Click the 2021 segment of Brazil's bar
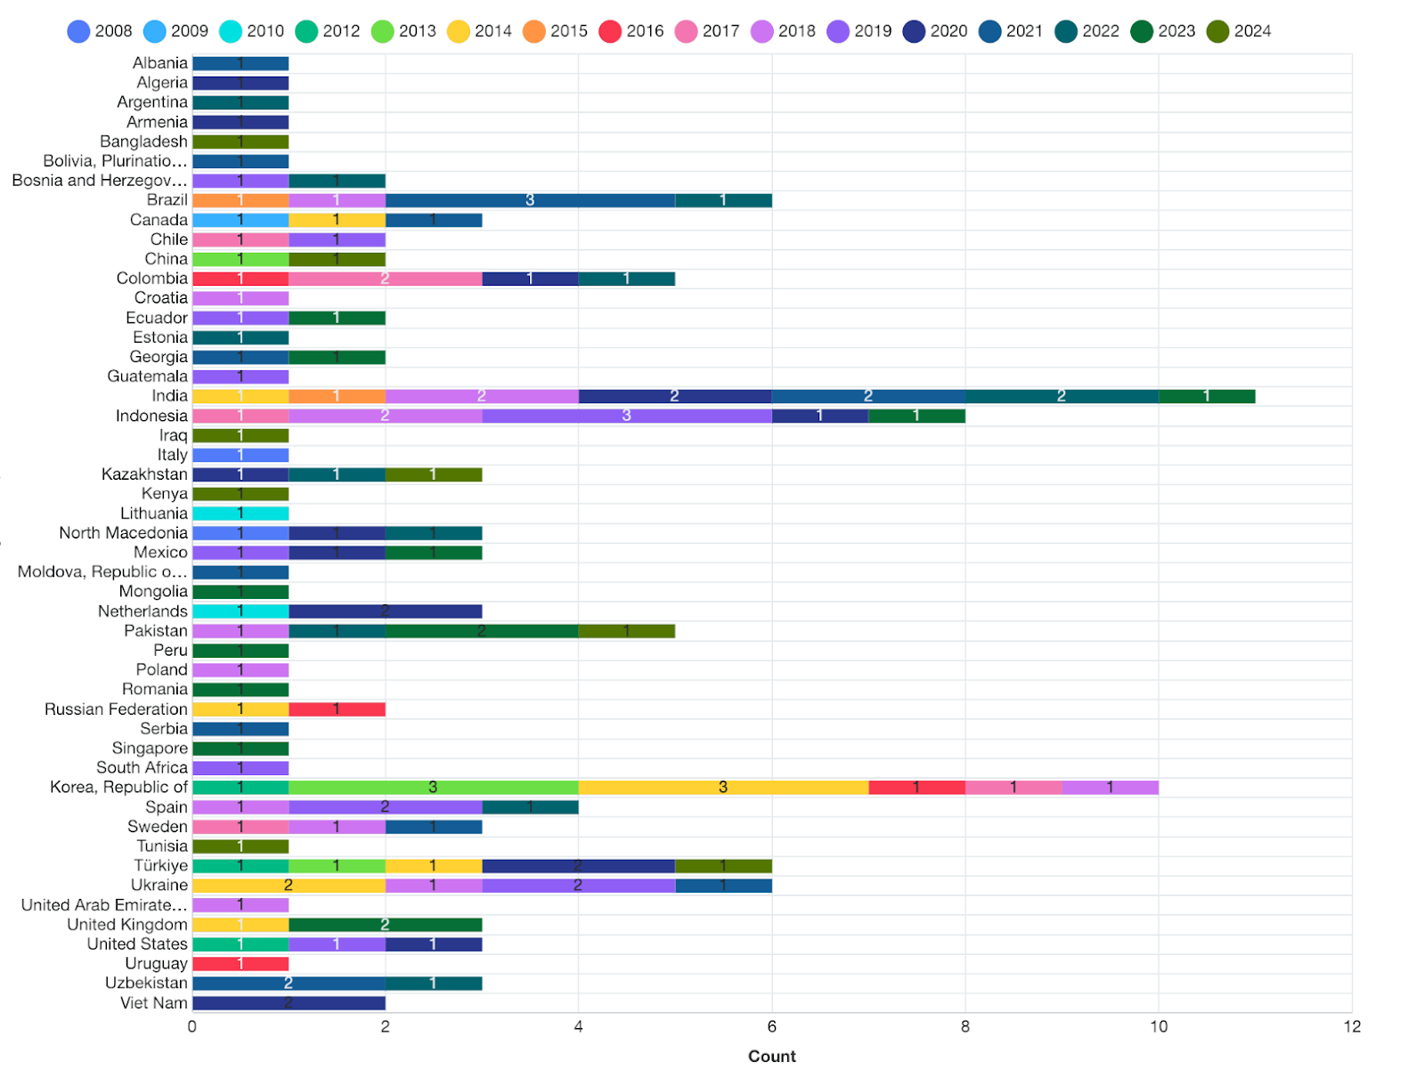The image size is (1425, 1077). [530, 200]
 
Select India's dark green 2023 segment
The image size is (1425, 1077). [1206, 396]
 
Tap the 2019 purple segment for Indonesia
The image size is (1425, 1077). [626, 416]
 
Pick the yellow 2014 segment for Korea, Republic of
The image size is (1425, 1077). [722, 788]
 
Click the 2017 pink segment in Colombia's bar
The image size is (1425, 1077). [385, 279]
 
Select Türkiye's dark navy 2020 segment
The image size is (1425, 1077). [578, 866]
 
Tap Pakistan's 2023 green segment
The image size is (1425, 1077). [481, 631]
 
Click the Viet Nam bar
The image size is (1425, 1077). [289, 1003]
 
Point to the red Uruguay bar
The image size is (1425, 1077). [240, 964]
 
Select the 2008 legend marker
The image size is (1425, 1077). [79, 31]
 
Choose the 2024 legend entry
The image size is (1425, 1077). [1239, 31]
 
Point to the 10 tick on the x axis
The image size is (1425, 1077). [1158, 1027]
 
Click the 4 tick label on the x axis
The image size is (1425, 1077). [578, 1027]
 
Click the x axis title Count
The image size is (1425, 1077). [771, 1057]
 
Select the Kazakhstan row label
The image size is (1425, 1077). [144, 474]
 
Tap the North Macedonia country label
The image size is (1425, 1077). [123, 533]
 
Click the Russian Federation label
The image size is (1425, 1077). [116, 709]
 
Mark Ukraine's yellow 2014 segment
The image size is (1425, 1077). [289, 886]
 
